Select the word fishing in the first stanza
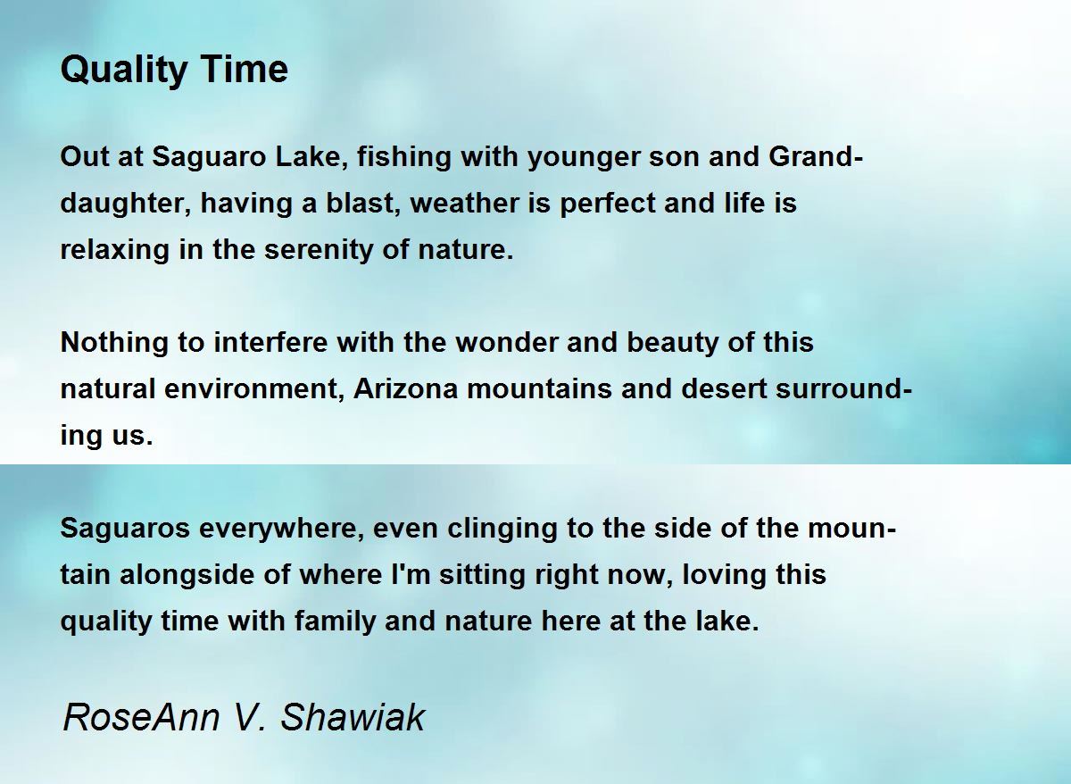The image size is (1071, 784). pos(404,157)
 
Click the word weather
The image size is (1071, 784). pos(464,203)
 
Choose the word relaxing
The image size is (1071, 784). pos(115,250)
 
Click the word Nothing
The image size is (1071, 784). pos(114,343)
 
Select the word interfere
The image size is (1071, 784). pos(270,343)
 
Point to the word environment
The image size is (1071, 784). pos(254,388)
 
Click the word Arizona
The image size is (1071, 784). pos(405,388)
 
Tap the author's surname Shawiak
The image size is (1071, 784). pos(353,717)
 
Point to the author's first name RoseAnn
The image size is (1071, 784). pos(142,718)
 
